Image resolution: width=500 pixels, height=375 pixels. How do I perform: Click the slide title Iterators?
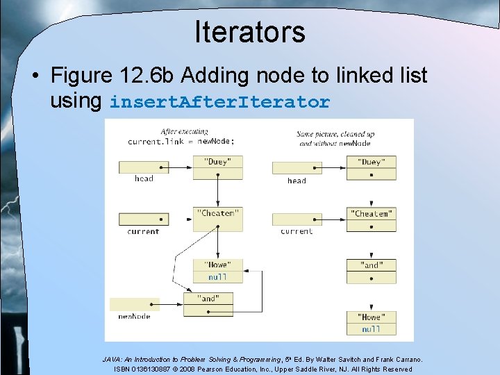249,32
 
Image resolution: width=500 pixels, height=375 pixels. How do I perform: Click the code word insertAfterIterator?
219,103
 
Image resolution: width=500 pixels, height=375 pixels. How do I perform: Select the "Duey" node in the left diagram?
217,162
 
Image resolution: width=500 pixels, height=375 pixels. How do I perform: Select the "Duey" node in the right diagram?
372,162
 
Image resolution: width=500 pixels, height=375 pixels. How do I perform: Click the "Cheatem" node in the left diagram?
217,213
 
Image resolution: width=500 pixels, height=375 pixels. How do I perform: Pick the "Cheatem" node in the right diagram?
372,214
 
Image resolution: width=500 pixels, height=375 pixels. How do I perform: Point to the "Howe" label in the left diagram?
217,265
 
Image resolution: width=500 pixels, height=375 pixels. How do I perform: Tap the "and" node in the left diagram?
208,299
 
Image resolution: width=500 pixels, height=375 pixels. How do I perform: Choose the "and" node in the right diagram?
372,265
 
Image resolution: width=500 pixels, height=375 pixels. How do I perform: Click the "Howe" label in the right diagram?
372,317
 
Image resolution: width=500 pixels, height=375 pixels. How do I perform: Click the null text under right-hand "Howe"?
372,329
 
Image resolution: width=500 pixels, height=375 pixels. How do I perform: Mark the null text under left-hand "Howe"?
217,277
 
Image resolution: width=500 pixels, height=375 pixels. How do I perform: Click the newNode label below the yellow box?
134,317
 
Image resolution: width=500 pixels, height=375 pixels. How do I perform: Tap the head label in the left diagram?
144,179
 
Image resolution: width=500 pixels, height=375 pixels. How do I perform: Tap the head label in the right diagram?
297,181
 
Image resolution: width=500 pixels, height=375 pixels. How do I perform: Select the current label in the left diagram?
144,231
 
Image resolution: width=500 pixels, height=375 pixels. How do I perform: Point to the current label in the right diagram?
297,231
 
